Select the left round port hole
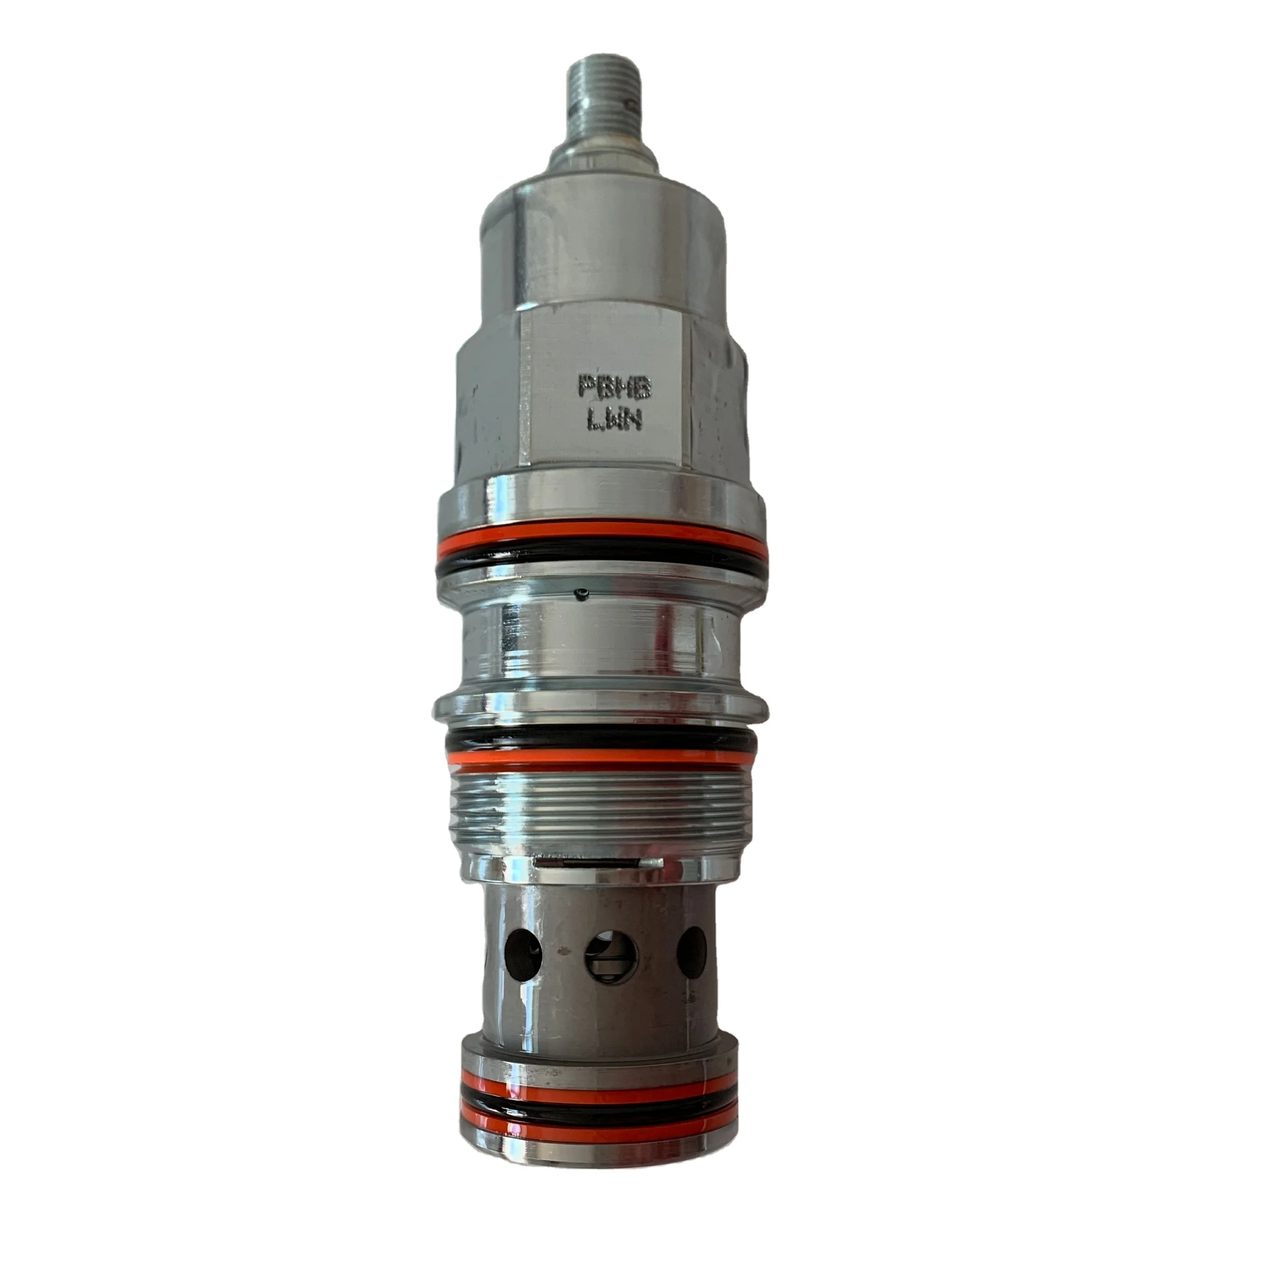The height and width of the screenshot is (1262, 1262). [524, 955]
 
